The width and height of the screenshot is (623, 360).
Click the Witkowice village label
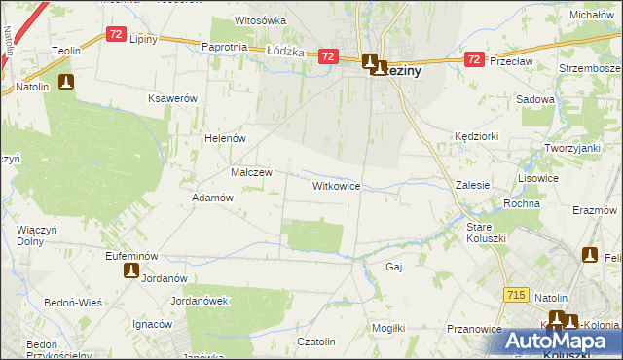(x=337, y=185)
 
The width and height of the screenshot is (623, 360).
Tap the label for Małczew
(x=251, y=172)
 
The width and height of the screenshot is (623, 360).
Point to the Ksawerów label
(x=172, y=99)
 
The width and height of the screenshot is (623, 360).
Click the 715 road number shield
(x=518, y=293)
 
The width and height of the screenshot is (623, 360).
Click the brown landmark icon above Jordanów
(x=131, y=271)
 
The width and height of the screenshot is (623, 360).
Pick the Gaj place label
(x=394, y=266)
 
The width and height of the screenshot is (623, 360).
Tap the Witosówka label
(x=260, y=20)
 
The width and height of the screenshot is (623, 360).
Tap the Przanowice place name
(x=473, y=329)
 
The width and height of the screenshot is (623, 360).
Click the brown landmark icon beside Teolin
(x=66, y=83)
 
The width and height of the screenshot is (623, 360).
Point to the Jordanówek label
(x=199, y=301)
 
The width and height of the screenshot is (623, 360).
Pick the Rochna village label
(x=522, y=203)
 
